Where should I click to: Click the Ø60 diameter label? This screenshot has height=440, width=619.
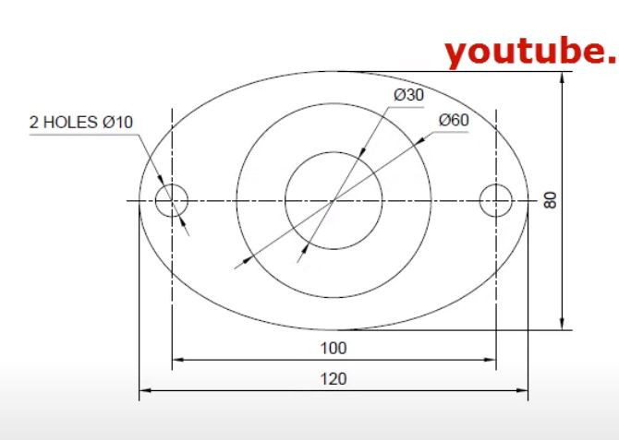click(x=454, y=120)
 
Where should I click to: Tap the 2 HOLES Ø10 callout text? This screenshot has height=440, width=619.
click(x=81, y=122)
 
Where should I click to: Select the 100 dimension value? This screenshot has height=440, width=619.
click(x=334, y=348)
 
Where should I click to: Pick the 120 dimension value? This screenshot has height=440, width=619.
click(x=334, y=379)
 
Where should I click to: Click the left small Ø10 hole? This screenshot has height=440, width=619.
click(x=172, y=199)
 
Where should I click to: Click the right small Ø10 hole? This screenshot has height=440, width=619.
click(x=497, y=199)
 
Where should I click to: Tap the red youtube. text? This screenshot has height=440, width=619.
click(x=529, y=53)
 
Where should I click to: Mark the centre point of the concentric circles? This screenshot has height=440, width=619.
click(x=334, y=199)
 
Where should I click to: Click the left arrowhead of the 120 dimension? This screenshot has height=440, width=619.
click(x=144, y=391)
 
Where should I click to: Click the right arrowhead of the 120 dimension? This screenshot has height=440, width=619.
click(x=523, y=391)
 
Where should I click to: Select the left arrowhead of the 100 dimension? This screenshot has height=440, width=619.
click(x=177, y=360)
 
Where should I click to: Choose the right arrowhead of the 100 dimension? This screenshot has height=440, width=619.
click(x=491, y=360)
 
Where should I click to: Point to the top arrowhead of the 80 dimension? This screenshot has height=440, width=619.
click(x=562, y=77)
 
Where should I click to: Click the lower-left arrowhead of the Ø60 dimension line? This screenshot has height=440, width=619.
click(x=241, y=263)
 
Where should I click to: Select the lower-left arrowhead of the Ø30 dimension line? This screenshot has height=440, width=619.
click(x=306, y=246)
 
